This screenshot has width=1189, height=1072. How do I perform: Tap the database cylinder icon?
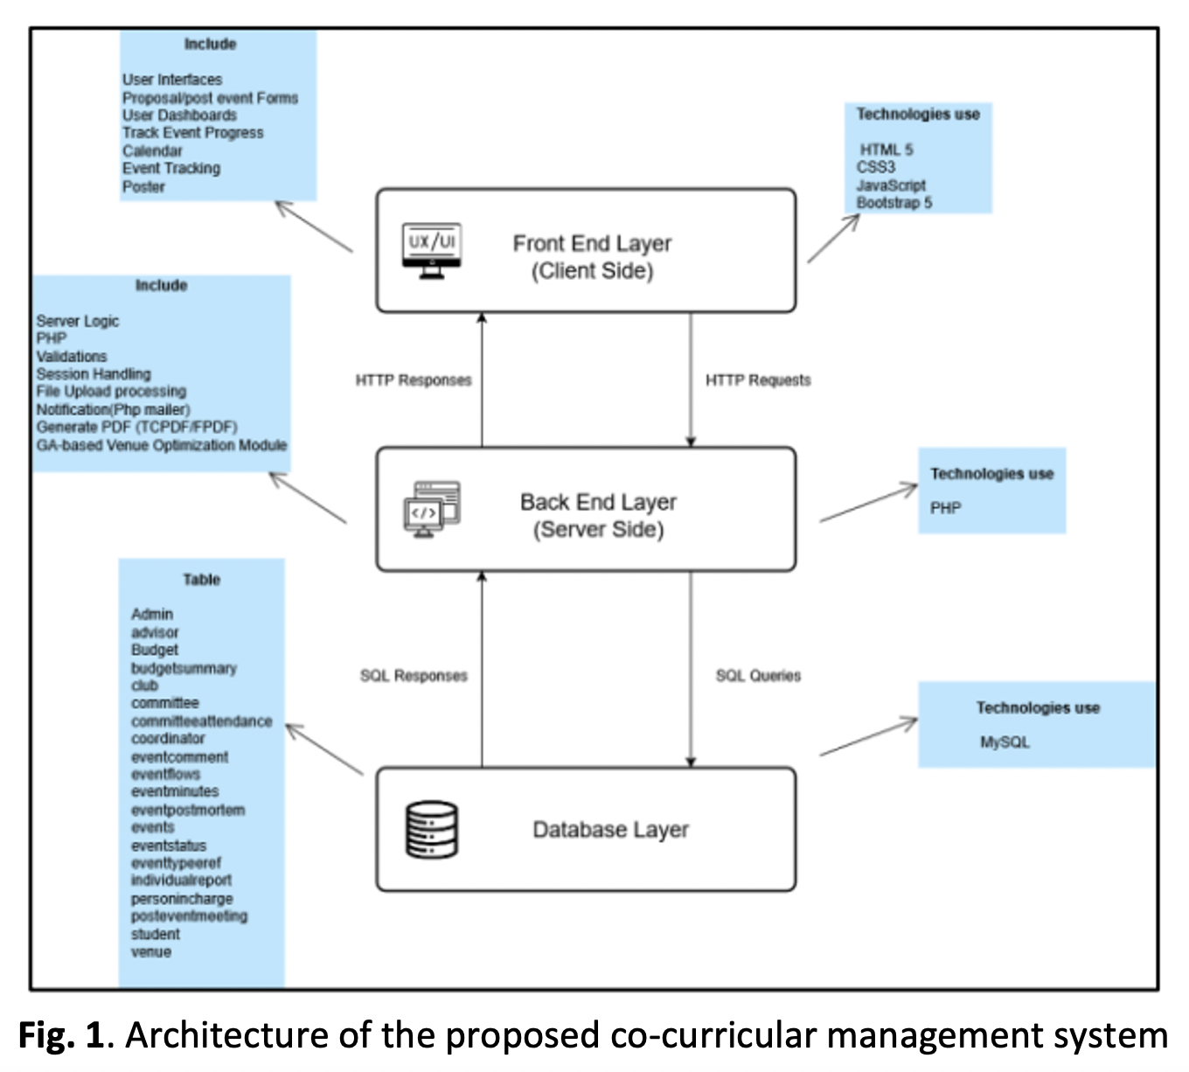pos(431,830)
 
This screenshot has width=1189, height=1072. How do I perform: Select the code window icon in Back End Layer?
pos(431,510)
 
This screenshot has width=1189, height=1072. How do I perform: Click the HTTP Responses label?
pos(414,380)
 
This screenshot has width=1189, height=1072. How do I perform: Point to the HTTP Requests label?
pos(758,380)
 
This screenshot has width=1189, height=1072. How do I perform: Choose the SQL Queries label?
pos(758,676)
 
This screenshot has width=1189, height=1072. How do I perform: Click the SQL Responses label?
pos(414,676)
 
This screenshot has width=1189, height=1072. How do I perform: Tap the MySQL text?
pos(1005,742)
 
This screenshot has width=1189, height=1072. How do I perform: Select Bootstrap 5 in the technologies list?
pos(893,203)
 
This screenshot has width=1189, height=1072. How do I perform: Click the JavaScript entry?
pos(890,185)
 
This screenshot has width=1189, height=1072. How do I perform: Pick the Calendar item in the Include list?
pos(152,151)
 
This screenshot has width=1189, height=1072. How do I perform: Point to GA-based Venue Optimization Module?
pos(162,445)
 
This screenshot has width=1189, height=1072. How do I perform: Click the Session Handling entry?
pos(94,374)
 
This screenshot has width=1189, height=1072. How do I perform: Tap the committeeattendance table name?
pos(201,721)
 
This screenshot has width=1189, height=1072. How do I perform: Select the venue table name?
pos(151,952)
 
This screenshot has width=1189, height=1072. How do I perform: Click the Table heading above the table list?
pos(201,580)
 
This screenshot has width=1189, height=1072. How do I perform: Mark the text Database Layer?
pos(610,830)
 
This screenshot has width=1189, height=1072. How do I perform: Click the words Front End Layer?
pos(592,243)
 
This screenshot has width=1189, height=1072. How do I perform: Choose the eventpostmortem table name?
pos(188,811)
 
